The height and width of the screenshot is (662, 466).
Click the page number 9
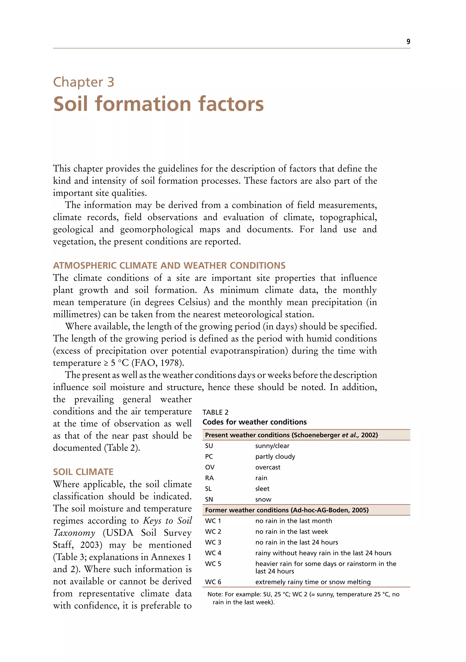tap(408, 42)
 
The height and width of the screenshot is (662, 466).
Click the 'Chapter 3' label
tap(84, 82)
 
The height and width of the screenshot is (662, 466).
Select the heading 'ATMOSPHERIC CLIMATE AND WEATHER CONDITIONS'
tap(169, 265)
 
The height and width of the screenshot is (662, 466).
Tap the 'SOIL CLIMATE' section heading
tap(83, 472)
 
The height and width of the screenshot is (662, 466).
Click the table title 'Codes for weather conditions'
tap(254, 422)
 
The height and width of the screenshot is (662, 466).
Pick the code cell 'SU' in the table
tap(209, 446)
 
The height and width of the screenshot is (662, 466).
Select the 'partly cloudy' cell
tap(275, 456)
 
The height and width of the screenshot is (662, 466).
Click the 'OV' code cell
tap(210, 467)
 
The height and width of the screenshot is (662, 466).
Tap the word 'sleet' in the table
tap(262, 489)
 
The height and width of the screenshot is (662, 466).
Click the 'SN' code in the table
tap(209, 499)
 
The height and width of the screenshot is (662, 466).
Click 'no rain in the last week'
tap(291, 531)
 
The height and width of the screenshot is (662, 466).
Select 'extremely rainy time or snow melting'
tap(313, 582)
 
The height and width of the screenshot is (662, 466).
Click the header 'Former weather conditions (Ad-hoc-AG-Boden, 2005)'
tap(287, 510)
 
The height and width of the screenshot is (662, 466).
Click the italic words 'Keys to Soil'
tap(167, 521)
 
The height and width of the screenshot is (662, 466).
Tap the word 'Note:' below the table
tap(215, 594)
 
